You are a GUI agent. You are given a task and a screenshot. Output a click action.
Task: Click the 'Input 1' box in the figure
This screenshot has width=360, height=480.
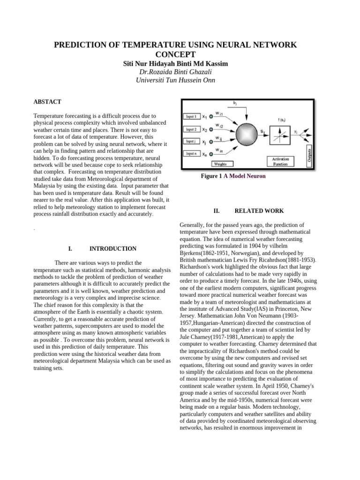pos(191,116)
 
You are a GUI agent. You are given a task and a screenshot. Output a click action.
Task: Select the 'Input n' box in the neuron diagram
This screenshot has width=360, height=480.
pos(191,153)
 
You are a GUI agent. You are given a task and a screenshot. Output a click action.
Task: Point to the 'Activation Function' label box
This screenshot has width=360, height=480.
pos(280,162)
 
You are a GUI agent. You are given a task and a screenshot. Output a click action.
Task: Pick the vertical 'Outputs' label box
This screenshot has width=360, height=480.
pos(309,154)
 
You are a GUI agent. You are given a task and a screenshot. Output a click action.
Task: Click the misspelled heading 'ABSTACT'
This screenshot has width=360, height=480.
pos(47,102)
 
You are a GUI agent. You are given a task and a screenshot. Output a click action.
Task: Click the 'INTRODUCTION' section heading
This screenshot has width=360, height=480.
pos(113,249)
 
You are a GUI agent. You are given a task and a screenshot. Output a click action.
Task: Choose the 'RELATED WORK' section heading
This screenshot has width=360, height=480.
pos(259,211)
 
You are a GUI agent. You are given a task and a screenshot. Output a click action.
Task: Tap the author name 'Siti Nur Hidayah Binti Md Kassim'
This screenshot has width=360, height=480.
pos(175,63)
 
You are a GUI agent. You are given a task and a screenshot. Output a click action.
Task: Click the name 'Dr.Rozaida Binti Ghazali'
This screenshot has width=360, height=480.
pos(175,72)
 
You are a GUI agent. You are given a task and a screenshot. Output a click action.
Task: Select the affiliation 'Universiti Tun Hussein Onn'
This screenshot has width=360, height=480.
pos(175,80)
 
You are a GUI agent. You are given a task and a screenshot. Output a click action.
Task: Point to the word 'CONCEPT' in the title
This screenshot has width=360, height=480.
pos(175,55)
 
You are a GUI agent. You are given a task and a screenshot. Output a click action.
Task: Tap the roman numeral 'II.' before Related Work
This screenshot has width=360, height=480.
pos(217,211)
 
